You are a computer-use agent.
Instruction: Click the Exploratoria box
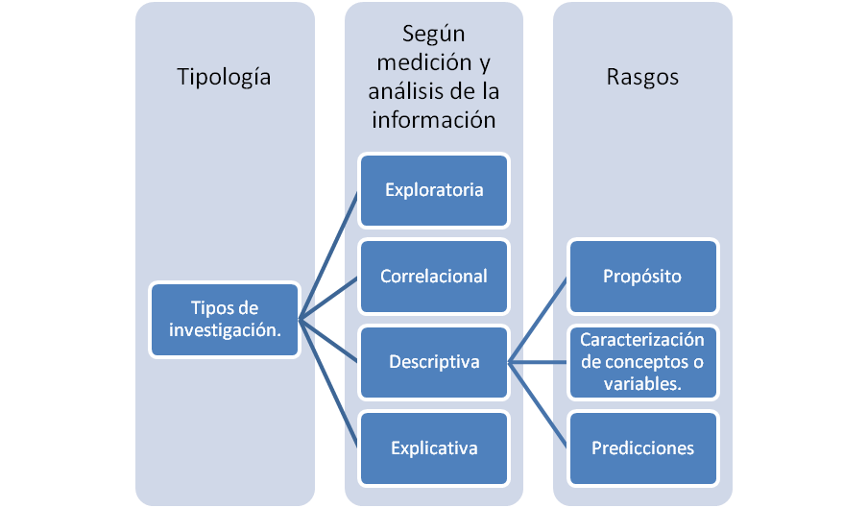point(433,189)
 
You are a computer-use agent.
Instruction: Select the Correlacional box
point(433,277)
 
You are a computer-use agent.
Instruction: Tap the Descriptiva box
point(433,362)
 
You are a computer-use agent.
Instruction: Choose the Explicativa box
point(433,448)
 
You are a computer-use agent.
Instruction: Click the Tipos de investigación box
point(225,319)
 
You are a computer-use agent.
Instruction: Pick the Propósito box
point(642,277)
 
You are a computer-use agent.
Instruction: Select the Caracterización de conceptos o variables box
point(642,362)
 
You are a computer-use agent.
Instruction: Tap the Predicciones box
point(642,448)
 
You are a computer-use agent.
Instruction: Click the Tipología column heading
point(225,77)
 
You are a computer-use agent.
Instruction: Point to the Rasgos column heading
point(642,77)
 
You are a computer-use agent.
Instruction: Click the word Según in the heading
point(433,36)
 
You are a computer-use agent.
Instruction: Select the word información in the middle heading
point(433,120)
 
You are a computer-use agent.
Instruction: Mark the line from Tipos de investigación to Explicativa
point(329,384)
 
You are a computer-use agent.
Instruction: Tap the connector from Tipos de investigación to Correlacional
point(329,298)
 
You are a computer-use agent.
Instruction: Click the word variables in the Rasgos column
point(641,384)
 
